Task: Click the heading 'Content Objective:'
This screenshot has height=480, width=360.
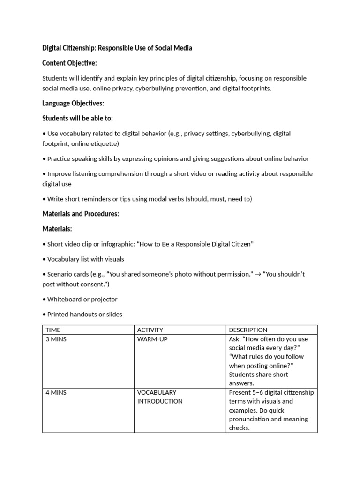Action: [69, 63]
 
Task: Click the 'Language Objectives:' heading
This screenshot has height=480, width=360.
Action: [73, 103]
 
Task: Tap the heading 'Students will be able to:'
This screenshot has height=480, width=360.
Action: [77, 118]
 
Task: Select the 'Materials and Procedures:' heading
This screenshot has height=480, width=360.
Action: [81, 214]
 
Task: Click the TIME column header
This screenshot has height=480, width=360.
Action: [53, 330]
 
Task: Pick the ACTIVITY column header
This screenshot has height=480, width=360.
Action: [150, 330]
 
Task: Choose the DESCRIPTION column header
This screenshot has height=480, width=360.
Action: [248, 330]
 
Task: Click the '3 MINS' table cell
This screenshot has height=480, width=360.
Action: [56, 339]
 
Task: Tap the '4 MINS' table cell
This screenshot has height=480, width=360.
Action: [56, 392]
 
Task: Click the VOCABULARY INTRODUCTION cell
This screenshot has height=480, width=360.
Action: [160, 397]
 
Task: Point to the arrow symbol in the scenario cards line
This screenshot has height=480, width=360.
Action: [257, 274]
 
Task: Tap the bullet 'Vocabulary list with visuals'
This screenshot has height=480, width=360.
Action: [85, 259]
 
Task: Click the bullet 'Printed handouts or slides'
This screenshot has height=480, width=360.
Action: [84, 314]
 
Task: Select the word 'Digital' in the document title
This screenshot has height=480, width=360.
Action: [53, 48]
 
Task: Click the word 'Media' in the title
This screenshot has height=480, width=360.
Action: [182, 48]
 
